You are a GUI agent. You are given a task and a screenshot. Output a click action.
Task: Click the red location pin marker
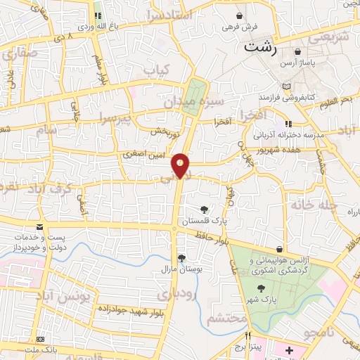pyautogui.click(x=181, y=165)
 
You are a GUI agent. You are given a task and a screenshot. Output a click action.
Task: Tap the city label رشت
pyautogui.click(x=259, y=47)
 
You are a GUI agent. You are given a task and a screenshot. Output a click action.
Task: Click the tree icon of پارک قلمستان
pyautogui.click(x=204, y=209)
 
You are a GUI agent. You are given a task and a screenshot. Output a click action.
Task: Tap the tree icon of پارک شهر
pyautogui.click(x=262, y=288)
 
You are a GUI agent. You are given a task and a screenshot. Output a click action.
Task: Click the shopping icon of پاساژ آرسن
pyautogui.click(x=298, y=52)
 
